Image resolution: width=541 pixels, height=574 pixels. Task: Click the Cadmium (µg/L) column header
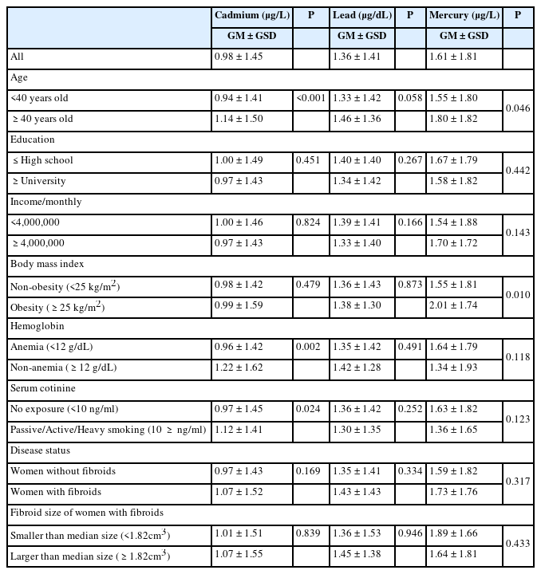(252, 15)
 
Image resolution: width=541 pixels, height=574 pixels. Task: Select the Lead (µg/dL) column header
(362, 15)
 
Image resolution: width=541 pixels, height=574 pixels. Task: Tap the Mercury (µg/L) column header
(464, 15)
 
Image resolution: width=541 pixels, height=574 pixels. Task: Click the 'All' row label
(17, 57)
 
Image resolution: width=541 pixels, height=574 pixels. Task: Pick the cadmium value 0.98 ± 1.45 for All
(241, 57)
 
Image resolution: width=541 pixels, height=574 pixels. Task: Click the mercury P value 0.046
(517, 109)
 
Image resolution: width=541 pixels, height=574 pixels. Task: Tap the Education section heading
(32, 140)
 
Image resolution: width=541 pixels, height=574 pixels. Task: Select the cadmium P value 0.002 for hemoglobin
(309, 348)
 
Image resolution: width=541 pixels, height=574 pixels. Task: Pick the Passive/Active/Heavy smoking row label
(107, 431)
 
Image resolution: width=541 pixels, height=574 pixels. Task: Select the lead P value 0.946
(409, 534)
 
